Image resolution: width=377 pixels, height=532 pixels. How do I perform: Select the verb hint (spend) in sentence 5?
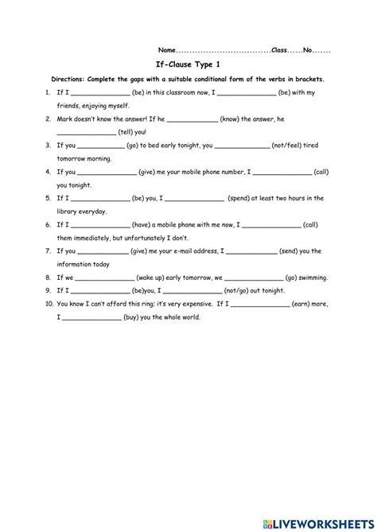pos(242,198)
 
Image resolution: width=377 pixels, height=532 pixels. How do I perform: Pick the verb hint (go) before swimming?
pos(292,278)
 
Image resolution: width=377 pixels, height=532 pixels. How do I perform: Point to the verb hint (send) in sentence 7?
pos(293,251)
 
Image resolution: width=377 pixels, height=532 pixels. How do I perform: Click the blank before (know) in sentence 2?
pos(192,119)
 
